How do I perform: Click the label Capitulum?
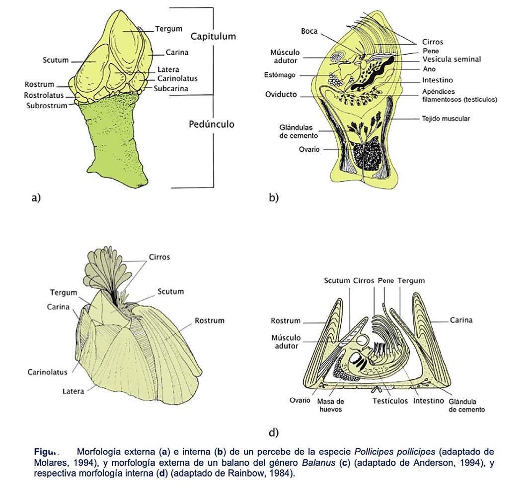[213, 36]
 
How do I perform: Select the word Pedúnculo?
[211, 124]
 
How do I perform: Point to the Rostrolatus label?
[44, 95]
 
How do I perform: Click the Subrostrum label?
[46, 105]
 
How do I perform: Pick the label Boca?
[309, 31]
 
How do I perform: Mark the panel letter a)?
[35, 198]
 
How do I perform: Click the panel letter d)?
[273, 432]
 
